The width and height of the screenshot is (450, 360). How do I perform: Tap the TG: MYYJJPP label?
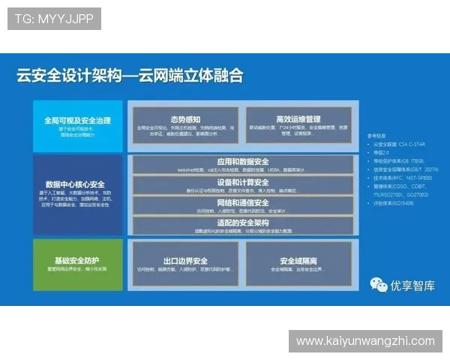point(54,19)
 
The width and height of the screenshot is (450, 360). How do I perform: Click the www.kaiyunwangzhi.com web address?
point(365,341)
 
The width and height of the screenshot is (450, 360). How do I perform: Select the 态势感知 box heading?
point(185,118)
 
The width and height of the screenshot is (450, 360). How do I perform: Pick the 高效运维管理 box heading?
point(298,118)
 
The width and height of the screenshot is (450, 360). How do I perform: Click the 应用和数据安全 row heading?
point(242,161)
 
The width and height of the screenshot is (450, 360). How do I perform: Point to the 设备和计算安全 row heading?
point(242,182)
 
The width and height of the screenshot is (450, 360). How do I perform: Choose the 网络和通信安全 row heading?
point(242,202)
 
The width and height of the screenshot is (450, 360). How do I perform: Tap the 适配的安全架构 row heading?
point(242,223)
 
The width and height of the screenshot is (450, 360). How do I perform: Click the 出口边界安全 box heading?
point(185,261)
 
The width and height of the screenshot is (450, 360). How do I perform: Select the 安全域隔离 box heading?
point(298,261)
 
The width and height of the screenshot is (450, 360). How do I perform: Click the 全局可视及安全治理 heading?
point(77,120)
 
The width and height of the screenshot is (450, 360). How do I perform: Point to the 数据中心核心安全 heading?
point(75,184)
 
